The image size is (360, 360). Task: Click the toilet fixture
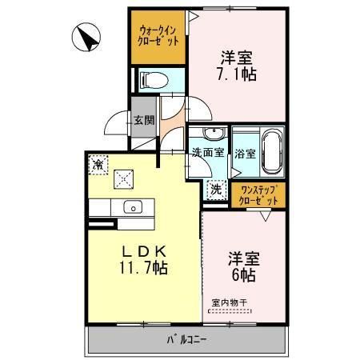(153, 79)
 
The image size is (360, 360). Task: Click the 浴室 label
(245, 153)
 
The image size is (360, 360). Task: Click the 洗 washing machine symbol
(215, 190)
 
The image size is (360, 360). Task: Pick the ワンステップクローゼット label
(258, 194)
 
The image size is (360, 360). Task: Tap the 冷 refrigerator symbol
(98, 164)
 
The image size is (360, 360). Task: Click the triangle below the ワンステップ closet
(271, 213)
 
